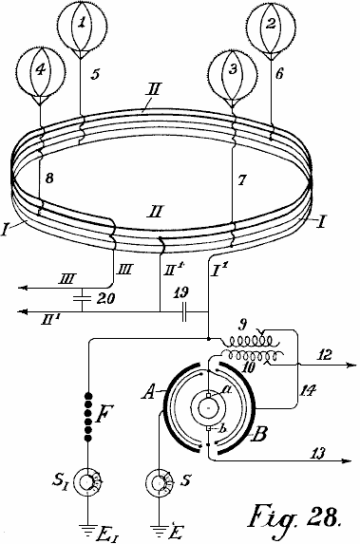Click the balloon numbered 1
pyautogui.click(x=82, y=27)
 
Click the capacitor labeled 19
pyautogui.click(x=184, y=311)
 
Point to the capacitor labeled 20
pyautogui.click(x=82, y=298)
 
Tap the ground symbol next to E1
pyautogui.click(x=87, y=529)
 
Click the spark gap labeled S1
pyautogui.click(x=88, y=481)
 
